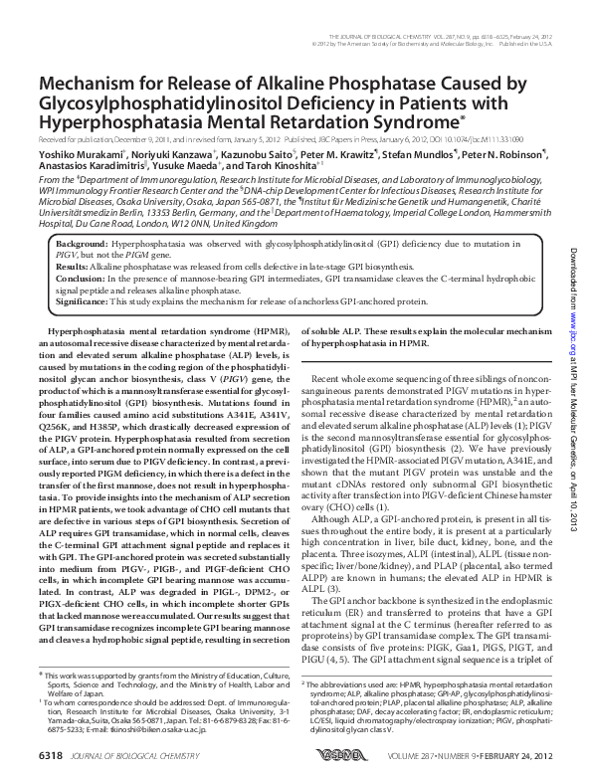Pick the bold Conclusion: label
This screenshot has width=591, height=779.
pyautogui.click(x=82, y=280)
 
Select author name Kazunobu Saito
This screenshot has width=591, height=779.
pyautogui.click(x=243, y=156)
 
